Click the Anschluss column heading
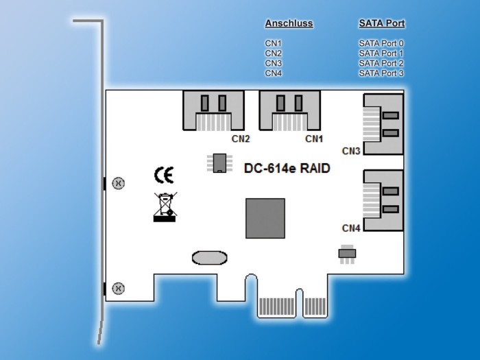289,23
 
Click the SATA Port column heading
381,23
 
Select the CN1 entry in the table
274,43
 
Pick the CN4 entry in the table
274,73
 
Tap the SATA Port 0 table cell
381,43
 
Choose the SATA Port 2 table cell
381,63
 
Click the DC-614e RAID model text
287,168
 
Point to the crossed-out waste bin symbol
165,207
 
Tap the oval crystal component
209,257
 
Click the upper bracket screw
118,183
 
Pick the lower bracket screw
118,288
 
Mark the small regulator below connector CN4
347,253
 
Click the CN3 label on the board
351,151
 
